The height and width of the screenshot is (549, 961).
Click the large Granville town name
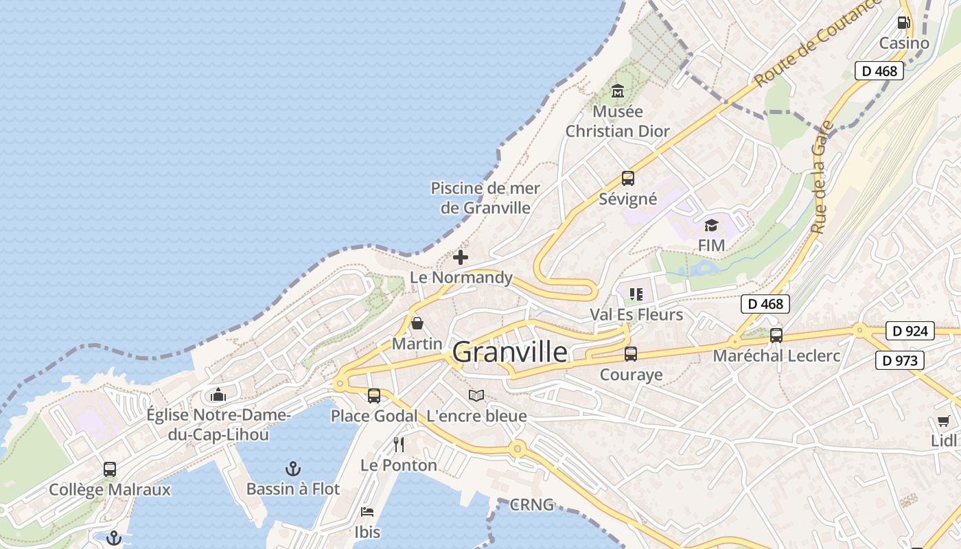click(510, 352)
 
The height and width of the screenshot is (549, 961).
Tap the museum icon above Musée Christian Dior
click(617, 91)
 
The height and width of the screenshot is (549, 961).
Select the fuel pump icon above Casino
click(904, 22)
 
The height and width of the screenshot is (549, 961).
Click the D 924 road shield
click(910, 331)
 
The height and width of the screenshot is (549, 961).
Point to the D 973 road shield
click(900, 360)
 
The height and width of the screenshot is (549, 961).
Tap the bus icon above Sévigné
click(627, 178)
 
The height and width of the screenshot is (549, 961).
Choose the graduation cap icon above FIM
click(711, 225)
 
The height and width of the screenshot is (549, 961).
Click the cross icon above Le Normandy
click(461, 257)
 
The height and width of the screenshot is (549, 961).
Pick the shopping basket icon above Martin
click(417, 323)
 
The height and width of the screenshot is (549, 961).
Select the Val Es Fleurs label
click(636, 314)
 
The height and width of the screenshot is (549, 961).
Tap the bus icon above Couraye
click(631, 354)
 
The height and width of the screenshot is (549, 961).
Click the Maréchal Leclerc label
click(776, 355)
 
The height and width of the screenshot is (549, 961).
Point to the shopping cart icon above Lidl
click(943, 421)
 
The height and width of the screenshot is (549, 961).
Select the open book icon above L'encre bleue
click(476, 395)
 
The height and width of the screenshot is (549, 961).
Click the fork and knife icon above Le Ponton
click(399, 445)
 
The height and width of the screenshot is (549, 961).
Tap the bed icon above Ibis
click(367, 512)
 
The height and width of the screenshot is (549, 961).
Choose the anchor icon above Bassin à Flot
click(293, 469)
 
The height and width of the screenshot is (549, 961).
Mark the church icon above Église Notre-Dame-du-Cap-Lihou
click(218, 395)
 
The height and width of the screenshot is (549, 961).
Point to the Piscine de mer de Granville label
click(485, 198)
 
